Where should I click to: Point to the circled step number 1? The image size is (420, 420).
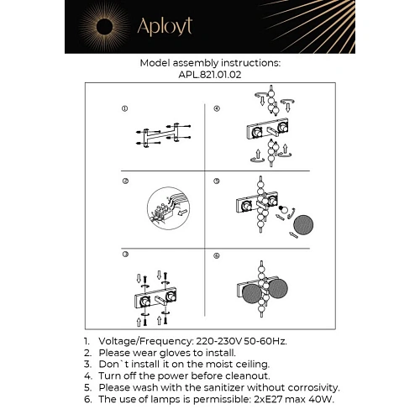[124, 108]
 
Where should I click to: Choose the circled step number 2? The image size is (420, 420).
[124, 181]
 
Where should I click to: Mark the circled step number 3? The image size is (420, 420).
[124, 255]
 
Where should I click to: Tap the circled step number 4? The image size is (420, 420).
[217, 108]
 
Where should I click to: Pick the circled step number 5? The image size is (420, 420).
[217, 181]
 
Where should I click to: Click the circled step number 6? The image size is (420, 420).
[217, 255]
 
